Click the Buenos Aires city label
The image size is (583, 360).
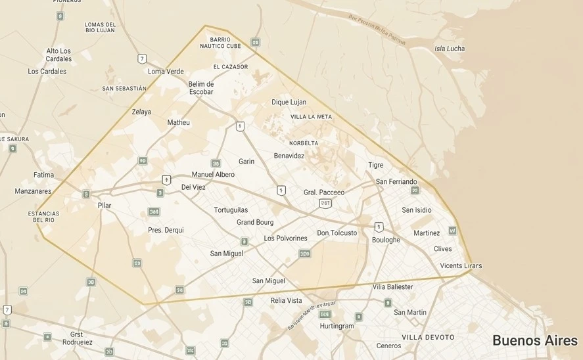(534, 340)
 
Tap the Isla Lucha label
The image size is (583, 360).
(450, 49)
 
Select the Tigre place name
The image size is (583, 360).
(375, 165)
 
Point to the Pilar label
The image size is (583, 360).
(105, 206)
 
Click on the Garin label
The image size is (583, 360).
(246, 162)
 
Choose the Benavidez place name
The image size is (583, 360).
(289, 156)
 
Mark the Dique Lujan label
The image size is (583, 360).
(289, 102)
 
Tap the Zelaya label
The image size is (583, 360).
(141, 112)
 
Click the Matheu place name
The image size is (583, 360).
(178, 123)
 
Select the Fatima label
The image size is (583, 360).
(43, 175)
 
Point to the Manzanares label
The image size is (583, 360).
(33, 191)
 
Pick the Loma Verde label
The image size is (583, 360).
(166, 72)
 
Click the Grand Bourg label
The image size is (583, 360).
(255, 223)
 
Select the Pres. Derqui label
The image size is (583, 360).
(166, 230)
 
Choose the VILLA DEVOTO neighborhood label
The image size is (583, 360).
(428, 337)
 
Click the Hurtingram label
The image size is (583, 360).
(337, 326)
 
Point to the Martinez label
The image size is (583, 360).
(427, 233)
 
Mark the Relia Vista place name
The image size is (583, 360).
(286, 301)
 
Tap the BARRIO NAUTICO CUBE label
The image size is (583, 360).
(220, 43)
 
